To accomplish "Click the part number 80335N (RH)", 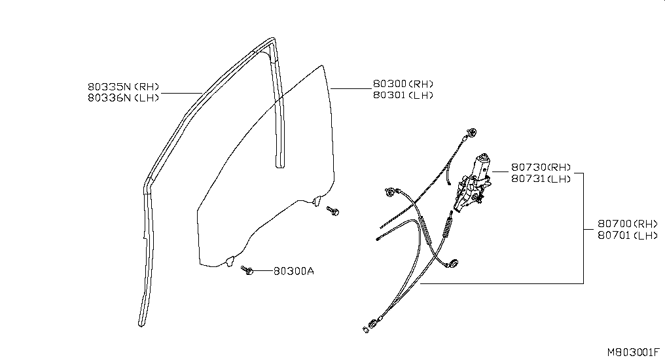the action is pyautogui.click(x=124, y=86).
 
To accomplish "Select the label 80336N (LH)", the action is pyautogui.click(x=124, y=98).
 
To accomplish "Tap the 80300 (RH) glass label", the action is pyautogui.click(x=403, y=84).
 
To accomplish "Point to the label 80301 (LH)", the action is pyautogui.click(x=403, y=95).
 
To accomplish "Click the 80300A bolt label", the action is pyautogui.click(x=294, y=271).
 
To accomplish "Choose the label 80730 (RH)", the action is pyautogui.click(x=541, y=168).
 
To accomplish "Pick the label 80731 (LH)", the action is pyautogui.click(x=541, y=179).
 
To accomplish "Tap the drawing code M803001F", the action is pyautogui.click(x=634, y=352).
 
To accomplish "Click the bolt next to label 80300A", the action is pyautogui.click(x=247, y=270).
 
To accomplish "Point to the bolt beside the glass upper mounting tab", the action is pyautogui.click(x=332, y=211).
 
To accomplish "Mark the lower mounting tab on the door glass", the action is pyautogui.click(x=229, y=261).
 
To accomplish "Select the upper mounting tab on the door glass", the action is pyautogui.click(x=315, y=201).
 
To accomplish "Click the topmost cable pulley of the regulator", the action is pyautogui.click(x=472, y=132).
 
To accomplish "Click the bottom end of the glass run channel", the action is pyautogui.click(x=141, y=325).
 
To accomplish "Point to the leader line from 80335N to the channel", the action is pyautogui.click(x=181, y=92).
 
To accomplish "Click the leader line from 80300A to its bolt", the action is pyautogui.click(x=263, y=270).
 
